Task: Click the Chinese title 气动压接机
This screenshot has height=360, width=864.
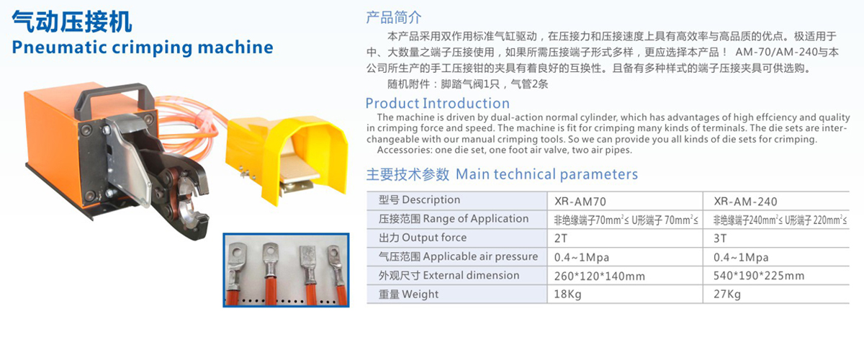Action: pos(72,22)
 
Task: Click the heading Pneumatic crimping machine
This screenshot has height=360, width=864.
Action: pos(143,48)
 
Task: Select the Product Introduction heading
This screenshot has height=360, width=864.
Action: pos(438,104)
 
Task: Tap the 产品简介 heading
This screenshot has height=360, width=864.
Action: pos(393,17)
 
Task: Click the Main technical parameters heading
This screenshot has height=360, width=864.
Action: pos(546,174)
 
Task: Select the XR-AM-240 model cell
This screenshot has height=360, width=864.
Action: pos(745,202)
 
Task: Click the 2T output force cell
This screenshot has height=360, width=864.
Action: pos(560,238)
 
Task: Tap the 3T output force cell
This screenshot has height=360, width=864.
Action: pos(720,238)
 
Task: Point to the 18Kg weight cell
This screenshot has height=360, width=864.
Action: pos(567,294)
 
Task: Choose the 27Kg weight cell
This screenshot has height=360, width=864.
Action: pos(727,294)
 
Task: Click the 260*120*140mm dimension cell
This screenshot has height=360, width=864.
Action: pos(599,276)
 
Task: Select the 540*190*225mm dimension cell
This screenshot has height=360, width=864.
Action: pos(759,276)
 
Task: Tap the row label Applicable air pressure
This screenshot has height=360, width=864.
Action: pos(480,256)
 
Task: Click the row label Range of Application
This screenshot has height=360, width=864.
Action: pos(476,219)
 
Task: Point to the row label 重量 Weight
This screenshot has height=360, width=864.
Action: pos(408,294)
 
